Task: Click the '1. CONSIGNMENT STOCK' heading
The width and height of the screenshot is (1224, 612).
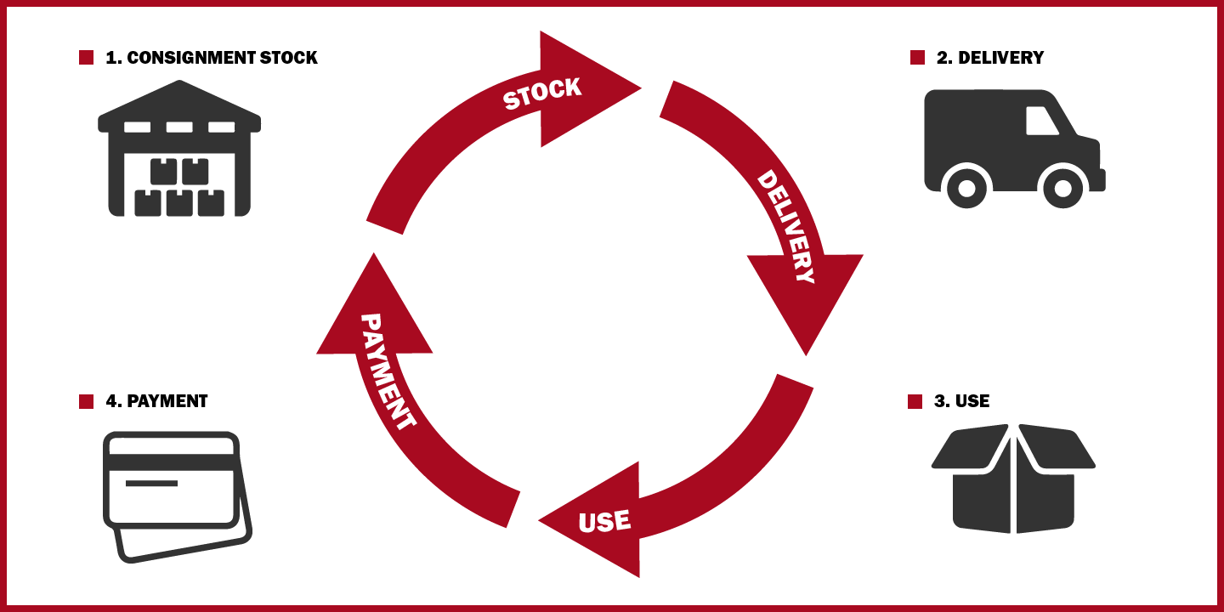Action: [x=211, y=58]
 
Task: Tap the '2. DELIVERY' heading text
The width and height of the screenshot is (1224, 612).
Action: [x=989, y=58]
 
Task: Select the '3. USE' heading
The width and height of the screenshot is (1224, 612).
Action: [x=961, y=401]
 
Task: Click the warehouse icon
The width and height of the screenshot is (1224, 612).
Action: [x=179, y=151]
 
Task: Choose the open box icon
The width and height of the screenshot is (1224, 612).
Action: [x=1013, y=478]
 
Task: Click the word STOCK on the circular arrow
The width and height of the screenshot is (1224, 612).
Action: [x=541, y=93]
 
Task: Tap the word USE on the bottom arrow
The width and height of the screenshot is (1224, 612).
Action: [x=604, y=520]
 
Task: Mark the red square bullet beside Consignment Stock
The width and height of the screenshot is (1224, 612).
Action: [x=86, y=58]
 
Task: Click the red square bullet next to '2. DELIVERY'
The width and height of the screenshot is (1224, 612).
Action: [x=917, y=58]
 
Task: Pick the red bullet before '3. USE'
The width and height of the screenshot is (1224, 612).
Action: [x=915, y=401]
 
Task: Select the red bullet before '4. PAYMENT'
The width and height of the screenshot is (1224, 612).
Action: [x=86, y=401]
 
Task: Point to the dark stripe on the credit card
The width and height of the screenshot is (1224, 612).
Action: [x=170, y=462]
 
